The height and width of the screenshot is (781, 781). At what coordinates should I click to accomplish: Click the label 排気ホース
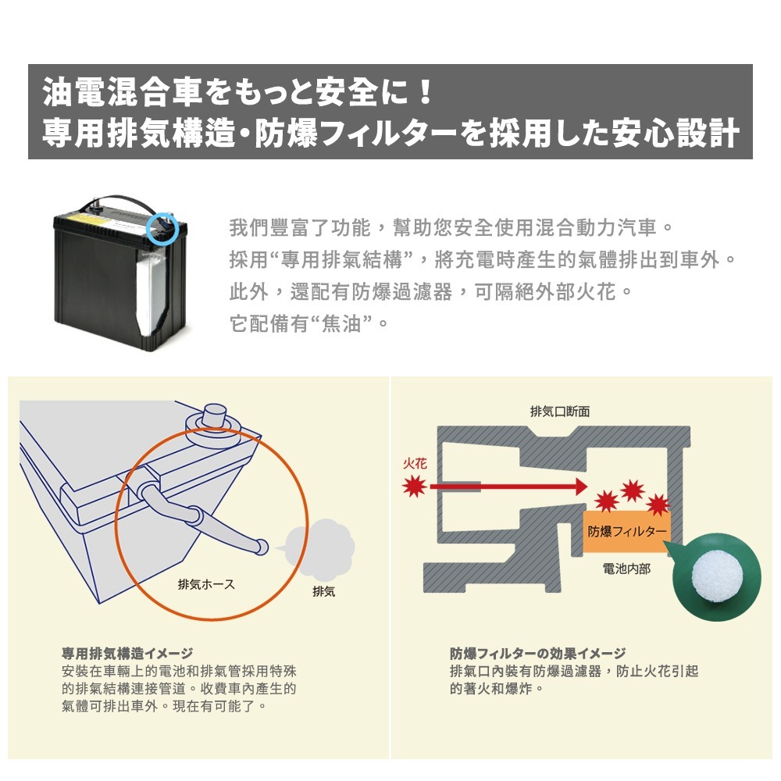coord(206,584)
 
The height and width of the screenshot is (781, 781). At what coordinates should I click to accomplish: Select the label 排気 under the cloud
coord(323,592)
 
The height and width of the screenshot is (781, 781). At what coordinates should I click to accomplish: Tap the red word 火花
coord(414,463)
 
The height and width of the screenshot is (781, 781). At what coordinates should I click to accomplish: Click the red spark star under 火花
coord(414,487)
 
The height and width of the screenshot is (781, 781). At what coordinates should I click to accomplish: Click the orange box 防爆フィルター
coord(626,531)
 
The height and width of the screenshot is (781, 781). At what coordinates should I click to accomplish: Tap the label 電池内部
coord(626,569)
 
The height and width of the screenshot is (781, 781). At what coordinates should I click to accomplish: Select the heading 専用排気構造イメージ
coord(127,653)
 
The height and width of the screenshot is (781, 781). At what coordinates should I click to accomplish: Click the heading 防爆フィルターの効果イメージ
coord(537,653)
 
